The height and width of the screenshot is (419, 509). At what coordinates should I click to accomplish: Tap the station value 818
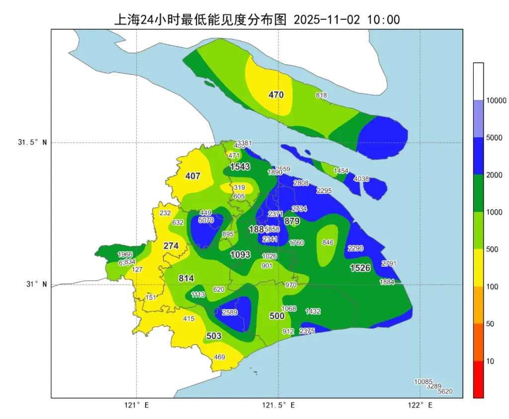click(321, 95)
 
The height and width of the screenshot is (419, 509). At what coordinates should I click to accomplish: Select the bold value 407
click(192, 176)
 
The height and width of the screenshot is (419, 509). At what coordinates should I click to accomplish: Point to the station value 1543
click(240, 167)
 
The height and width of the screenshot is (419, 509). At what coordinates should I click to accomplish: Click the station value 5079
click(206, 220)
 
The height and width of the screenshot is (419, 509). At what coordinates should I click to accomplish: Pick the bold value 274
click(171, 246)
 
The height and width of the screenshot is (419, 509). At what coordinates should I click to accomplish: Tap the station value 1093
click(240, 255)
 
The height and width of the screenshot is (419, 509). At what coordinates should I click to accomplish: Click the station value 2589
click(230, 312)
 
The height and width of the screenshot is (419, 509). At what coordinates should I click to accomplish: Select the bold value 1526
click(360, 268)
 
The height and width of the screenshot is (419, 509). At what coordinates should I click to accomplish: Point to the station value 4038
click(361, 179)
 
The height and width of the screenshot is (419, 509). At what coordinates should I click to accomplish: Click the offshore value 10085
click(424, 382)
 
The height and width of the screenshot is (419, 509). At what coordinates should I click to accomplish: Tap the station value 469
click(219, 357)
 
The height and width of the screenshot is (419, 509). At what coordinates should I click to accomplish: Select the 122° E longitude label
click(420, 405)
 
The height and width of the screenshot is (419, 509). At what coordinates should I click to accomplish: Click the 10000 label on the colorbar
click(496, 100)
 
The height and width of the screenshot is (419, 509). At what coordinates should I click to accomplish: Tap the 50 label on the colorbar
click(490, 324)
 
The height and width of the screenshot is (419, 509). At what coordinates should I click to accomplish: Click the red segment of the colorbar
click(479, 379)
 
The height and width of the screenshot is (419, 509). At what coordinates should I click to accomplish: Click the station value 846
click(328, 243)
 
